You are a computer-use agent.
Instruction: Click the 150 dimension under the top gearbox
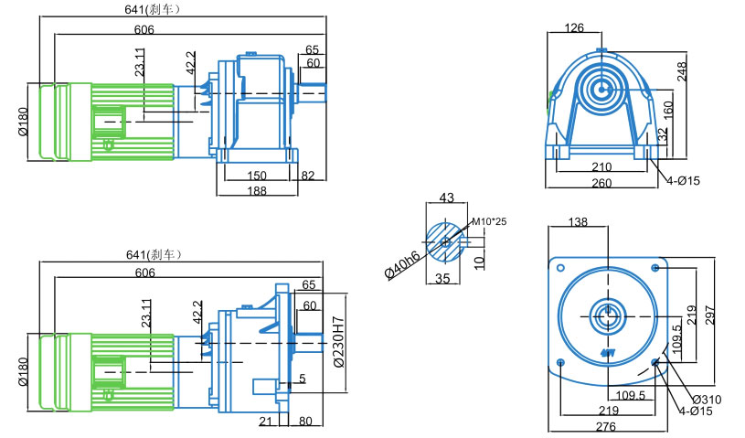pyautogui.click(x=256, y=176)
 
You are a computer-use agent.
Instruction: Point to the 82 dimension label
pyautogui.click(x=308, y=176)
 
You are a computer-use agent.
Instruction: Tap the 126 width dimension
pyautogui.click(x=574, y=28)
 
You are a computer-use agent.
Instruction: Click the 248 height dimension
pyautogui.click(x=682, y=71)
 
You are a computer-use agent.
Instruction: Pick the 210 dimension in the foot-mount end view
pyautogui.click(x=601, y=167)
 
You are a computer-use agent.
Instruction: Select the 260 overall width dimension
pyautogui.click(x=601, y=183)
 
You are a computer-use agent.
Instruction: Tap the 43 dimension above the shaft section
pyautogui.click(x=447, y=198)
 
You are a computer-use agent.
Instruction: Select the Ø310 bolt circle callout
pyautogui.click(x=706, y=400)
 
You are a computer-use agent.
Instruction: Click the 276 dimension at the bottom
pyautogui.click(x=605, y=427)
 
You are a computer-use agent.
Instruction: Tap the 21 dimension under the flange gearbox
pyautogui.click(x=265, y=422)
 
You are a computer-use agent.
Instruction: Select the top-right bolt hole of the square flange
pyautogui.click(x=655, y=267)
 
